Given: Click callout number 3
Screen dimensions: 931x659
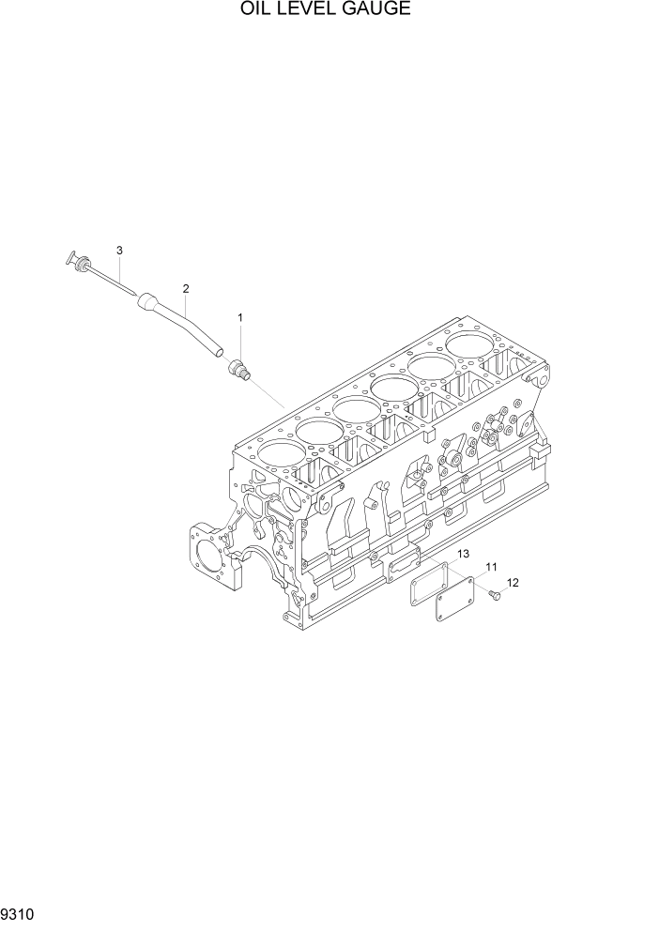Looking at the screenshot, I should [x=119, y=250].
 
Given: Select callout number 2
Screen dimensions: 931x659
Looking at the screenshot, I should [x=186, y=288].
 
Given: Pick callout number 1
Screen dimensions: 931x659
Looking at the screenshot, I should [x=240, y=318].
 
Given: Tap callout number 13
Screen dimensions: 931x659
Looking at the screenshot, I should [x=463, y=556].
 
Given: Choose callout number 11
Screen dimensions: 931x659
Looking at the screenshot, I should [x=491, y=568].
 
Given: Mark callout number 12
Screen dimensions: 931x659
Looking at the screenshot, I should [x=513, y=583].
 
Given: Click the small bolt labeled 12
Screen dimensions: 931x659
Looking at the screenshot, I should [x=495, y=593].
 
